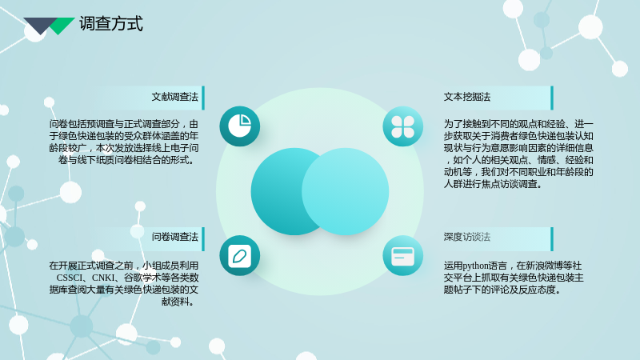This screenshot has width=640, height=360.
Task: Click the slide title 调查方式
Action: point(111,24)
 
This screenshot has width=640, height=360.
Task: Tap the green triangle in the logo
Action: point(62,26)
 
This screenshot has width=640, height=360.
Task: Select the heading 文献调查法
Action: point(174,97)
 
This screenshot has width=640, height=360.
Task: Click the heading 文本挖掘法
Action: point(467,97)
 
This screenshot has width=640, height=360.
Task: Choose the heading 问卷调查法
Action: point(174,237)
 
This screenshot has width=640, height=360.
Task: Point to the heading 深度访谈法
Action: point(467,237)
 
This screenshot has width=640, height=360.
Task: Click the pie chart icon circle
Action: point(239,126)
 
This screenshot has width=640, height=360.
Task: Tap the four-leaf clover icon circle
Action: point(403,126)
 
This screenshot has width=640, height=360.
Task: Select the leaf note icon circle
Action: point(239,255)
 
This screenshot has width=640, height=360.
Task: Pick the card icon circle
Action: point(403,255)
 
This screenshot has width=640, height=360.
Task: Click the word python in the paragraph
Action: point(475,266)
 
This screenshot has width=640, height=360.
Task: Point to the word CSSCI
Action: point(70,278)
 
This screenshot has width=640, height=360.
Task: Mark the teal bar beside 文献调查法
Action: point(203,98)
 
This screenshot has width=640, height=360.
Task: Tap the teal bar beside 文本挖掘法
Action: point(552,98)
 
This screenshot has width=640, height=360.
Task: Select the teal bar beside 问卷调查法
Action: point(203,239)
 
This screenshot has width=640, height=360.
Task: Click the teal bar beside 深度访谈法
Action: point(552,239)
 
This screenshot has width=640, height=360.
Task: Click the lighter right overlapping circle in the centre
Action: point(346,191)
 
